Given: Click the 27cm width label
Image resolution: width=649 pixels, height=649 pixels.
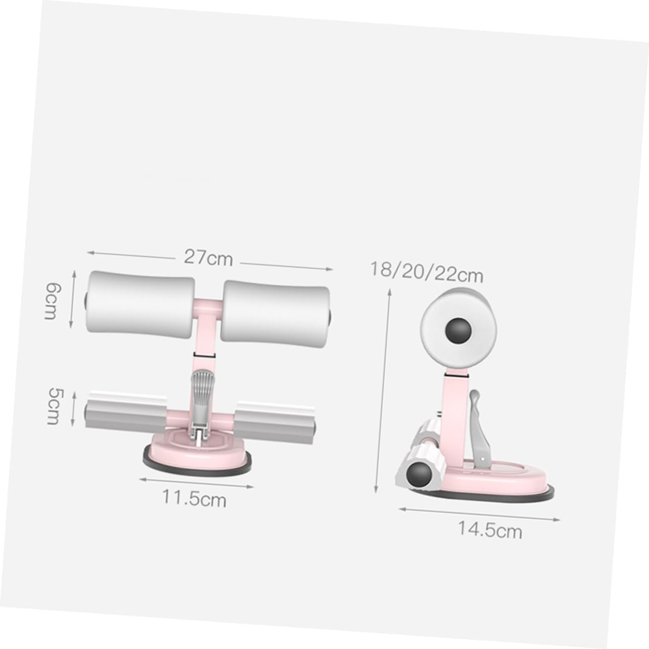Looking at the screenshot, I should (x=208, y=258).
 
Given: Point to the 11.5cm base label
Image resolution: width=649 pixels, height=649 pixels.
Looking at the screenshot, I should (x=194, y=499).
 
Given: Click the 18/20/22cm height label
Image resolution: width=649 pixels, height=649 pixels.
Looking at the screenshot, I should (x=426, y=272).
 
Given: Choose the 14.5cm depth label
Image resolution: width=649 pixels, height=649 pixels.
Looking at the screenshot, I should (x=490, y=530).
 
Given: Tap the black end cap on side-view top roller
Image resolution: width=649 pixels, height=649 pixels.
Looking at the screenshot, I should (x=458, y=331).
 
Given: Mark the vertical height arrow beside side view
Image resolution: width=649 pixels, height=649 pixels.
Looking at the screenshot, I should (x=383, y=390).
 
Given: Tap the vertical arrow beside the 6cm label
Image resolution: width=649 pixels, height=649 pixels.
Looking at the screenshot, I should (x=74, y=300).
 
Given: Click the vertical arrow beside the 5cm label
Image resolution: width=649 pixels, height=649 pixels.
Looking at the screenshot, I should (x=74, y=408).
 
